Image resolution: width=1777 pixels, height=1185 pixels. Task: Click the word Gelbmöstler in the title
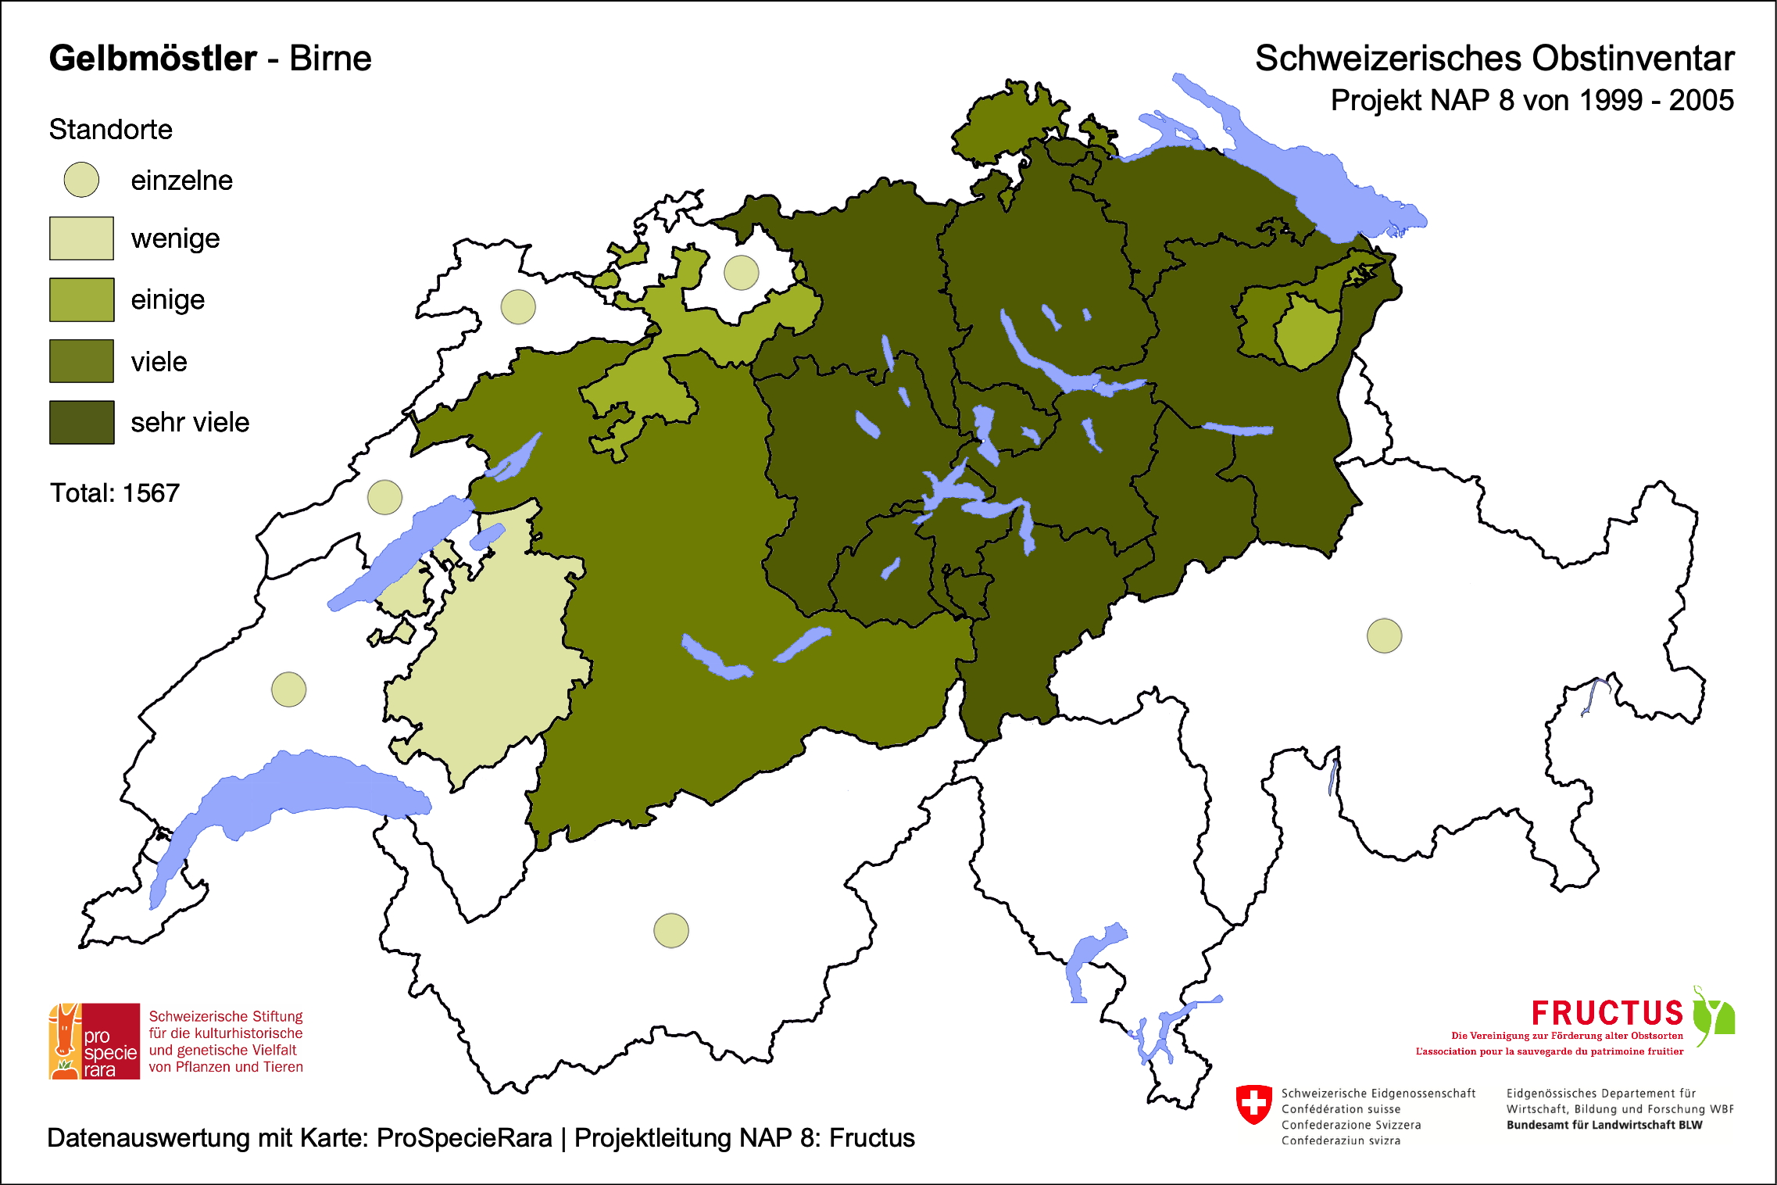pos(152,59)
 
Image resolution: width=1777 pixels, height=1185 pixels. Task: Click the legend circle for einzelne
pos(81,180)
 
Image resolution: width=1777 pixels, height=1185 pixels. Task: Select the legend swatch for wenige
pos(81,238)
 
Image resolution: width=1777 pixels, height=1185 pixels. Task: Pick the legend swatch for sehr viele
pos(81,422)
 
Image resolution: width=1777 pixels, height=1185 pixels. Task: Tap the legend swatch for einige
pos(81,299)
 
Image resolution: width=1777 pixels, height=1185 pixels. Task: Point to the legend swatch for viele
pos(81,361)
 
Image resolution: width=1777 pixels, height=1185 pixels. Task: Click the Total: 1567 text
pos(115,493)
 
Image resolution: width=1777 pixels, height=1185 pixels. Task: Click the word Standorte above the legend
pos(110,129)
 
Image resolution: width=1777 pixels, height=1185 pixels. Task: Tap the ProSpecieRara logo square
pos(95,1041)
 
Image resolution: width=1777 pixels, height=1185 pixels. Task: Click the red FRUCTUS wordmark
pos(1607,1014)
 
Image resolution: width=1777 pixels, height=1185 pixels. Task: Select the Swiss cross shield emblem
pos(1254,1104)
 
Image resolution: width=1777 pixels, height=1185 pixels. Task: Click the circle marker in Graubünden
pos(1384,635)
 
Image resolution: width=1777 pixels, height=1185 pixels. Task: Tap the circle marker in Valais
pos(670,930)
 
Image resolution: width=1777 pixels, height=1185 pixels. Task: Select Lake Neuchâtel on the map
pos(399,551)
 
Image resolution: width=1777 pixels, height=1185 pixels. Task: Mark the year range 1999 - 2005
pos(1656,101)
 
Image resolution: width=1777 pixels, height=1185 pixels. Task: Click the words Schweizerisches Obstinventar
pos(1494,59)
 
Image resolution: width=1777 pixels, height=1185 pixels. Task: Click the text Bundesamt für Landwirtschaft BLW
pos(1604,1125)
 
